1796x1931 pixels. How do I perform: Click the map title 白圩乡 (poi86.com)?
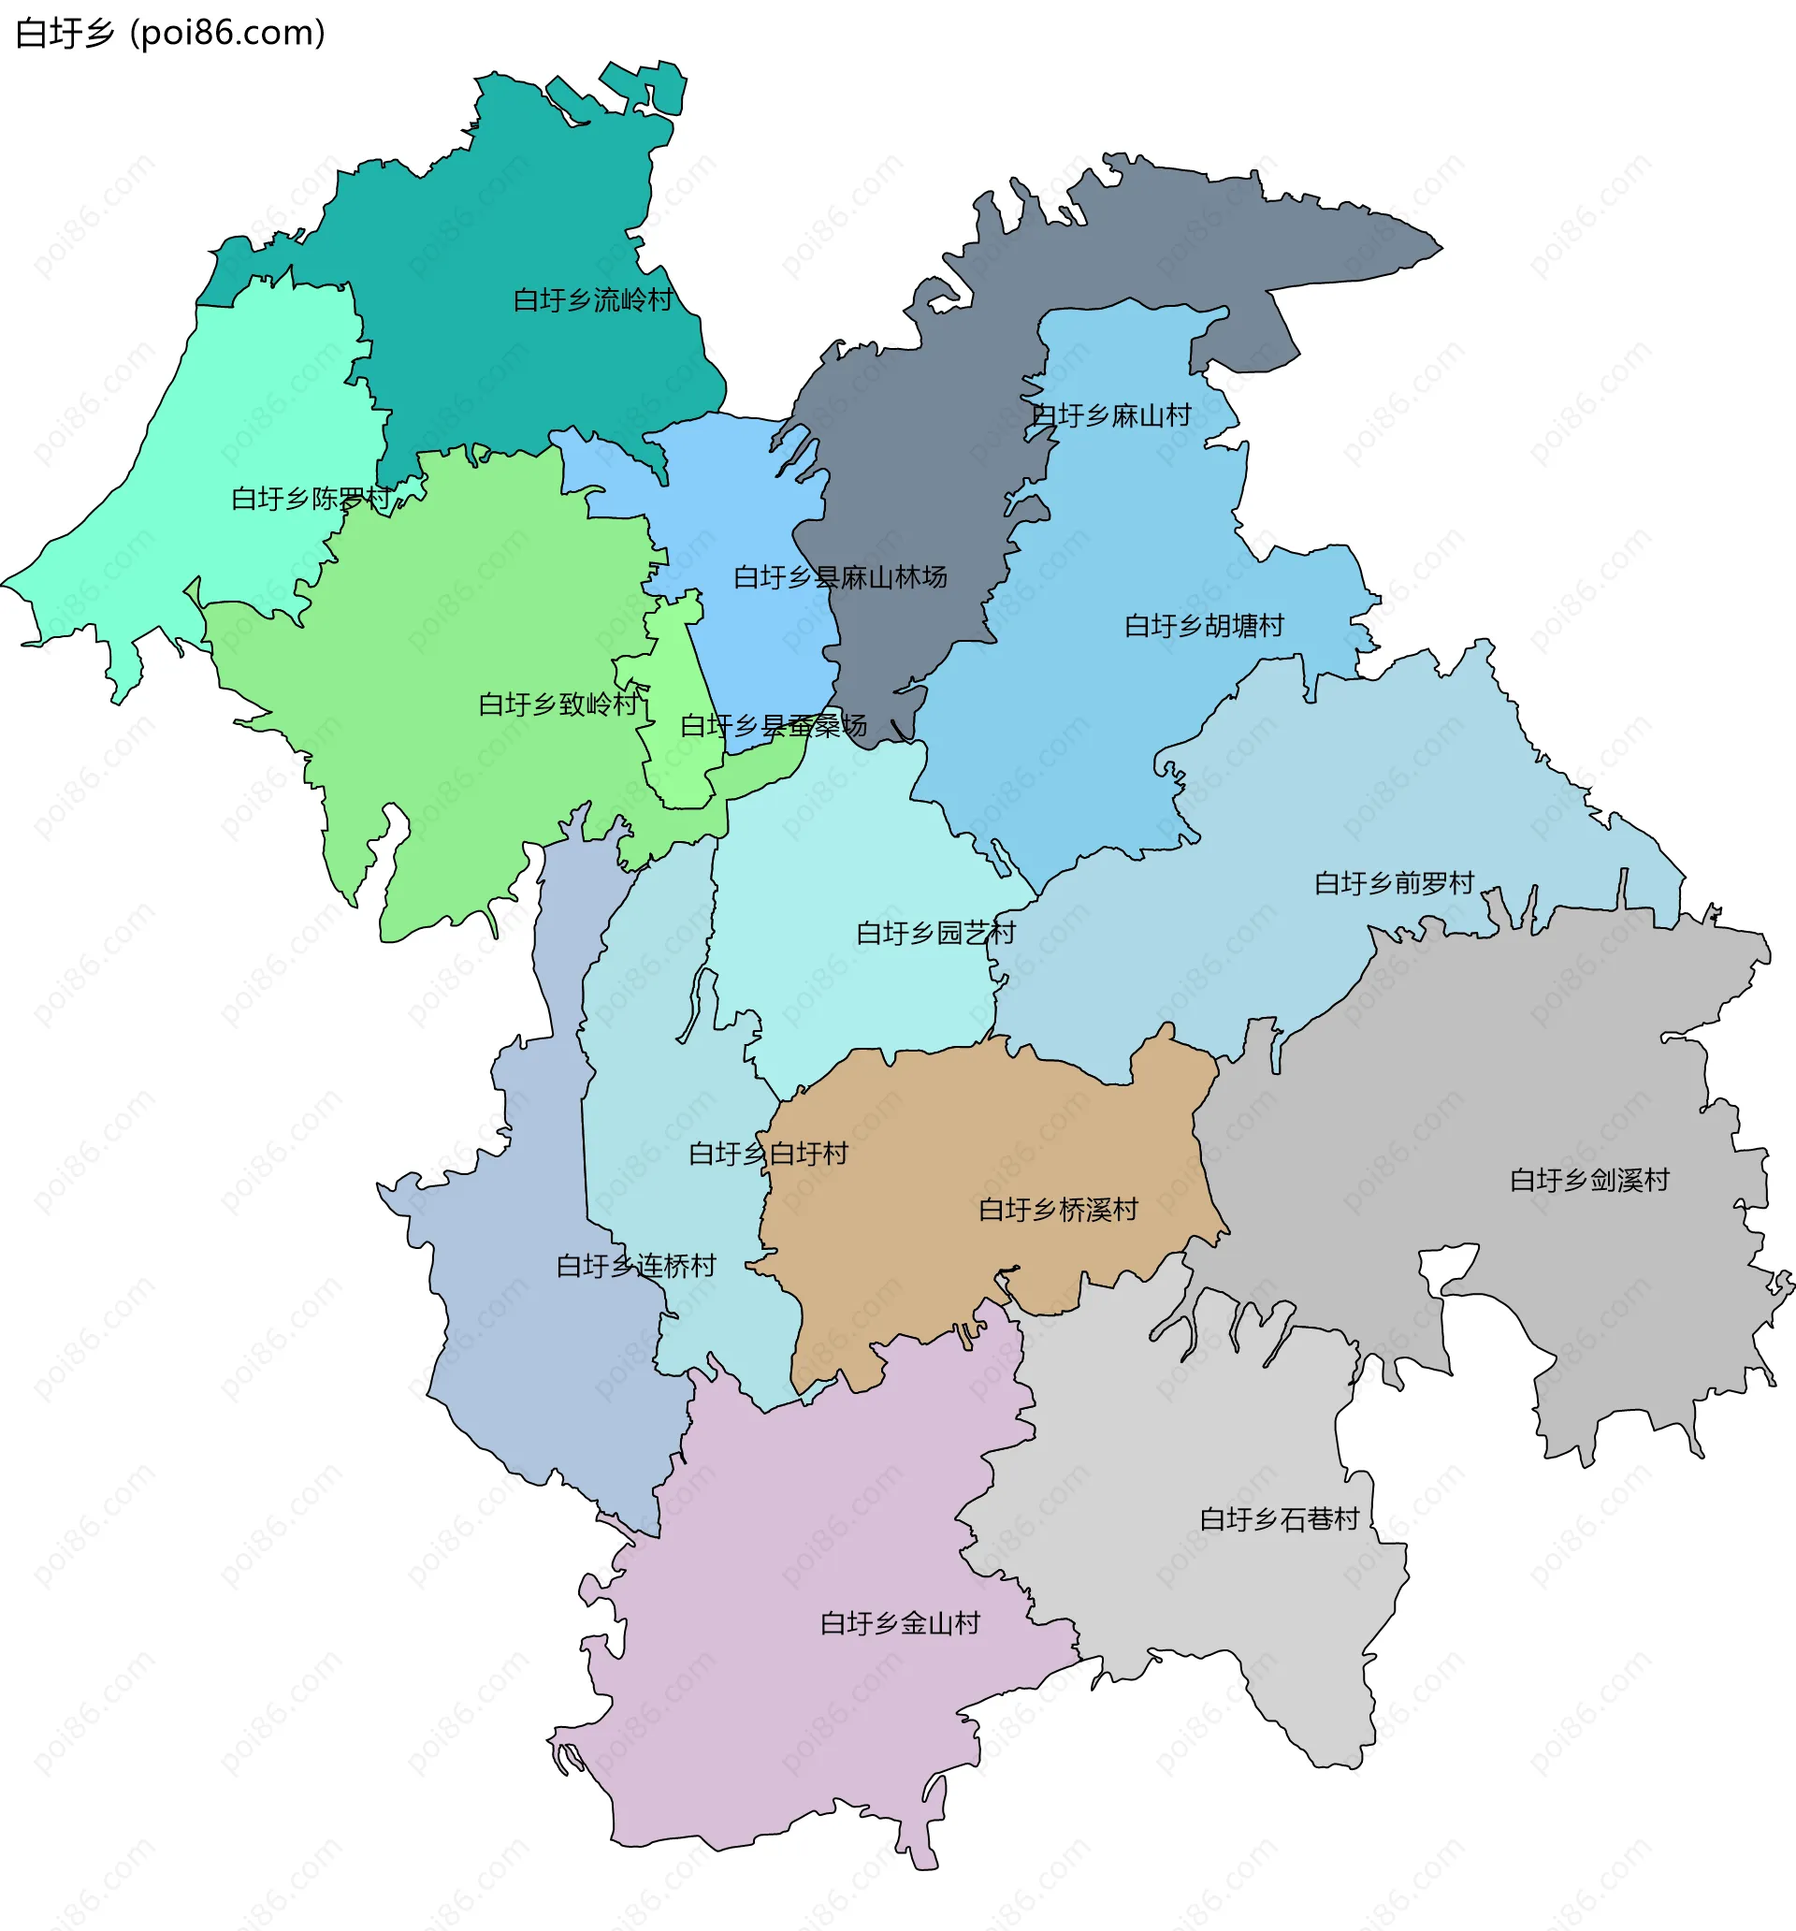pyautogui.click(x=170, y=33)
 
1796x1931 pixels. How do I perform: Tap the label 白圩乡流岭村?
pyautogui.click(x=592, y=300)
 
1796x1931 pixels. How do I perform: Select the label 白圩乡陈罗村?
pyautogui.click(x=311, y=499)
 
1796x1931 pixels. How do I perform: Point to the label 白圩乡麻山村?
pyautogui.click(x=1110, y=415)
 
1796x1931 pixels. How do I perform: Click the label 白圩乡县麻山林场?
pyautogui.click(x=840, y=577)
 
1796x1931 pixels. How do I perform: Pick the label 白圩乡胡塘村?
pyautogui.click(x=1204, y=626)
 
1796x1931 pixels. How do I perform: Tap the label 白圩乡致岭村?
pyautogui.click(x=558, y=704)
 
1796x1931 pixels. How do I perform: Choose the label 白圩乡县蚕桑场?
pyautogui.click(x=774, y=726)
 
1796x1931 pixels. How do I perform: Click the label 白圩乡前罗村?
pyautogui.click(x=1394, y=883)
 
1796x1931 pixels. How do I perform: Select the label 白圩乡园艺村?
pyautogui.click(x=935, y=934)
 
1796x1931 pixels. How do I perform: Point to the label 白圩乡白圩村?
pyautogui.click(x=768, y=1154)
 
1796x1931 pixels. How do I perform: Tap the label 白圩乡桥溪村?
pyautogui.click(x=1058, y=1210)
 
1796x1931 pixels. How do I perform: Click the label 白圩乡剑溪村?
pyautogui.click(x=1589, y=1180)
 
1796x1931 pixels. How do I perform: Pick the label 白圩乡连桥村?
pyautogui.click(x=636, y=1266)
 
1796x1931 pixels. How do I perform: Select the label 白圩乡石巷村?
pyautogui.click(x=1280, y=1519)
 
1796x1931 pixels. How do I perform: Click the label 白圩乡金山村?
pyautogui.click(x=900, y=1623)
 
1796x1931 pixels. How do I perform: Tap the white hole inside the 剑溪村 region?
pyautogui.click(x=1446, y=1266)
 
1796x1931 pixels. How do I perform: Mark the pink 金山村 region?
pyautogui.click(x=777, y=1729)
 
